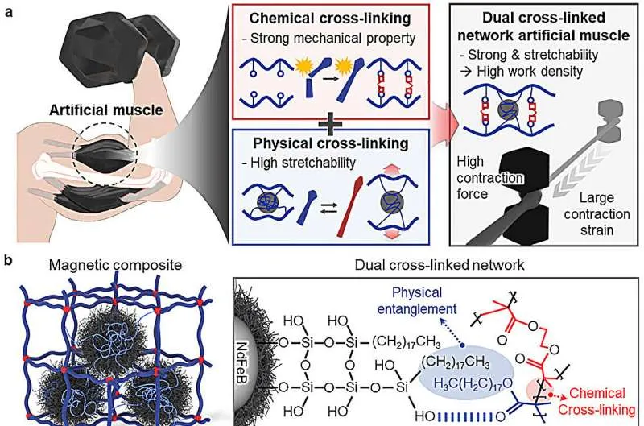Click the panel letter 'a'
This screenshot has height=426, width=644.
pyautogui.click(x=7, y=13)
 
